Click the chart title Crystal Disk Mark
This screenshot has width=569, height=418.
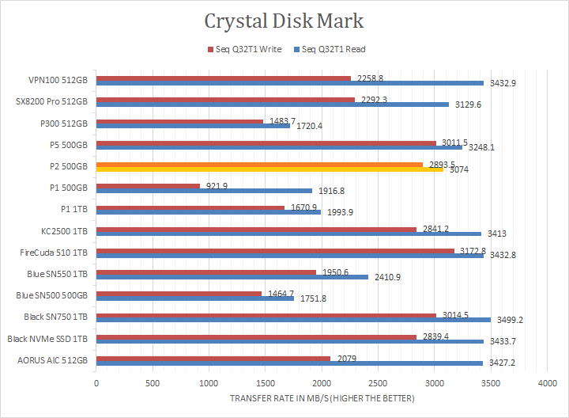click(x=284, y=20)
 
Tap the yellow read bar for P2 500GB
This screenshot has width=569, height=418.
click(x=269, y=169)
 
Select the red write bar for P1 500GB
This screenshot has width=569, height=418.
click(x=148, y=186)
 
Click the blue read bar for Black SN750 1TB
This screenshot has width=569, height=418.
click(x=293, y=321)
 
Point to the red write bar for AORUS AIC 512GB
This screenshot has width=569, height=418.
click(x=213, y=359)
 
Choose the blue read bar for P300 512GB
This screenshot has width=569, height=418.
click(x=193, y=126)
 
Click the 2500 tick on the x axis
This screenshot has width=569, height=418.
click(x=378, y=383)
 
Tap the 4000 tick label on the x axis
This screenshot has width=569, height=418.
click(x=547, y=383)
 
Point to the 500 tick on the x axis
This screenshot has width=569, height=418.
click(x=153, y=383)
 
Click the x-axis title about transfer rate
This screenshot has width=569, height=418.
click(x=322, y=398)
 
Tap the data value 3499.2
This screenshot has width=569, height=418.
click(x=509, y=321)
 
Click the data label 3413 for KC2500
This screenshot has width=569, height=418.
click(x=496, y=234)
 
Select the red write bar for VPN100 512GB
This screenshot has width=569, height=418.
click(x=224, y=78)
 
